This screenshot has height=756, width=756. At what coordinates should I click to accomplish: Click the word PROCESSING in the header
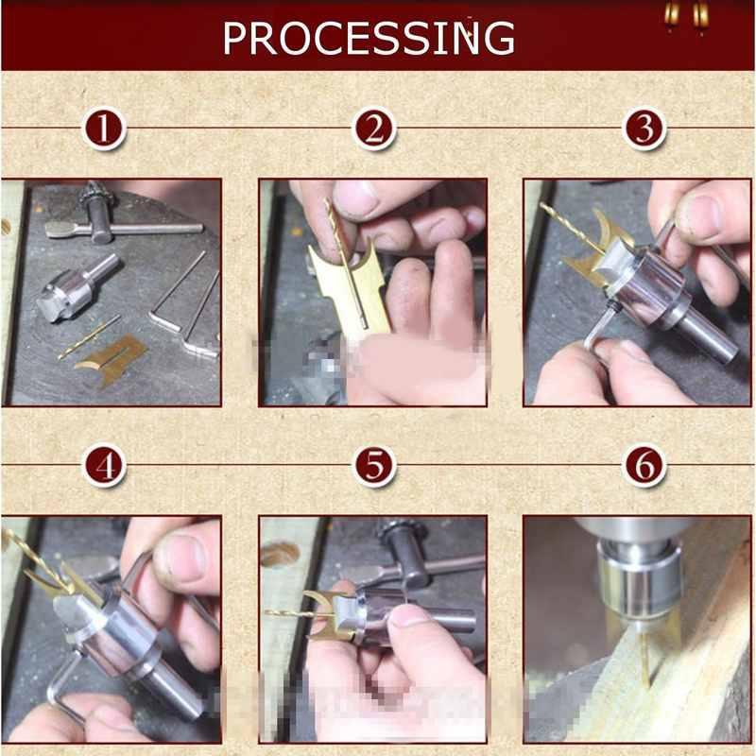tap(369, 37)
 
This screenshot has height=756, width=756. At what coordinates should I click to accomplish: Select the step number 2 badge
tap(374, 129)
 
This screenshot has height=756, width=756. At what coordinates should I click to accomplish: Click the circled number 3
tap(644, 129)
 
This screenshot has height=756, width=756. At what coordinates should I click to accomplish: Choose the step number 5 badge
tap(374, 465)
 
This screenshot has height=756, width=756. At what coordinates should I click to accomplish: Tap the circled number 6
tap(644, 465)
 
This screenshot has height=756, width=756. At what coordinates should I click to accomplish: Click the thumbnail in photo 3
tap(700, 217)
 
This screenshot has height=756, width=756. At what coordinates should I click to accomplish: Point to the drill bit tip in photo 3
tap(548, 209)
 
